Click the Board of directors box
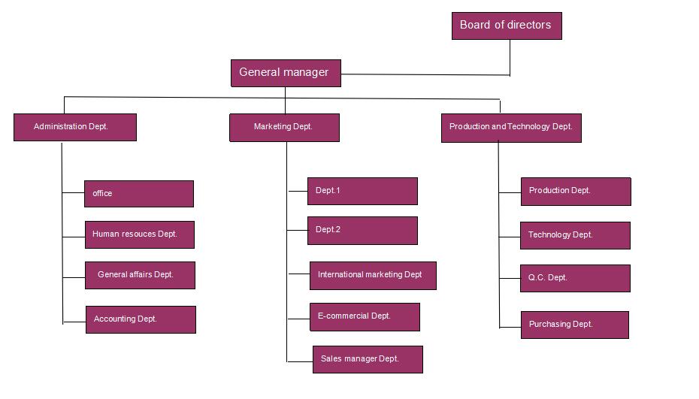click(x=506, y=26)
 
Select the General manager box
click(x=285, y=73)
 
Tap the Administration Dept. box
click(x=74, y=127)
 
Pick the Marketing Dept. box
click(x=284, y=127)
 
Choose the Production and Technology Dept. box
click(x=510, y=127)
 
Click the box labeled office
click(x=139, y=193)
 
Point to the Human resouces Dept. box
click(x=139, y=234)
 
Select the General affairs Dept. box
click(x=140, y=275)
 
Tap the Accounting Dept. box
click(x=140, y=319)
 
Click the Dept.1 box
click(x=362, y=191)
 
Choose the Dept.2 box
click(x=362, y=230)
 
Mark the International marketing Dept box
click(x=372, y=275)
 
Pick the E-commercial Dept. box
click(x=365, y=316)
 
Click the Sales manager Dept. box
click(x=368, y=359)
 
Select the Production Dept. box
click(x=576, y=191)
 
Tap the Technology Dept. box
click(x=575, y=235)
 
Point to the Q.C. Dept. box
click(x=575, y=278)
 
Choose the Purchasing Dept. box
click(x=574, y=325)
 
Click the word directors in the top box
click(x=529, y=25)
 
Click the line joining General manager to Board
click(x=425, y=74)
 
